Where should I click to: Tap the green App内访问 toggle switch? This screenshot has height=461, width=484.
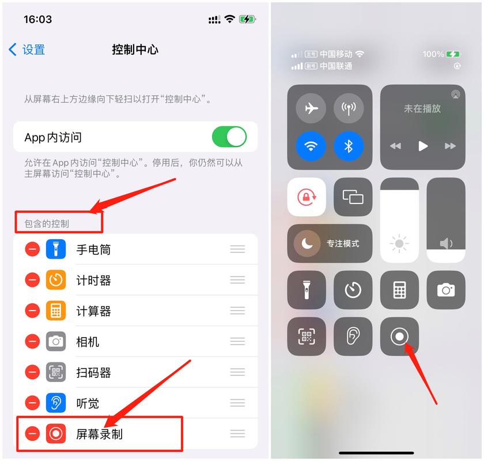click(x=229, y=137)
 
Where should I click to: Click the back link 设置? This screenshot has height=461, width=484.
click(x=27, y=50)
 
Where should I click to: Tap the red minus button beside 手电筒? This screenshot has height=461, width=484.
click(x=32, y=250)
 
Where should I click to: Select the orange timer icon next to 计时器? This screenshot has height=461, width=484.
click(x=56, y=280)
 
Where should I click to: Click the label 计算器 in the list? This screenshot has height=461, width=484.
click(x=93, y=311)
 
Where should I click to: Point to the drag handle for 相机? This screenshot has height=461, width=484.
click(x=237, y=342)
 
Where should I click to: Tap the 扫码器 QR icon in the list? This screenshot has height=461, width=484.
click(x=56, y=372)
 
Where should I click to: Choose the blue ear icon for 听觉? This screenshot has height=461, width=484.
click(x=56, y=403)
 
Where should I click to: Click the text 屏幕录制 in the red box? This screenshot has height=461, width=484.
click(x=99, y=434)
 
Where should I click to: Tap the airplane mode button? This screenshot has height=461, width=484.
click(x=311, y=108)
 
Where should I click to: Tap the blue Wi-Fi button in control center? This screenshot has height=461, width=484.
click(x=311, y=146)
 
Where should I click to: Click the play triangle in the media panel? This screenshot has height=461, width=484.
click(x=423, y=146)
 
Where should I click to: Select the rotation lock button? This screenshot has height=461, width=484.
click(x=307, y=197)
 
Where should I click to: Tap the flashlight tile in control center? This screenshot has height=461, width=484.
click(x=307, y=290)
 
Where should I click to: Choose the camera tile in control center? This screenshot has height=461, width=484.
click(x=446, y=290)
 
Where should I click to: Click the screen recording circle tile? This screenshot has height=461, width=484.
click(x=399, y=337)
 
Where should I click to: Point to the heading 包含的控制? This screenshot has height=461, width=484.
click(x=47, y=223)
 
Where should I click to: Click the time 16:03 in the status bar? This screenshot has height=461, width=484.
click(x=37, y=19)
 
